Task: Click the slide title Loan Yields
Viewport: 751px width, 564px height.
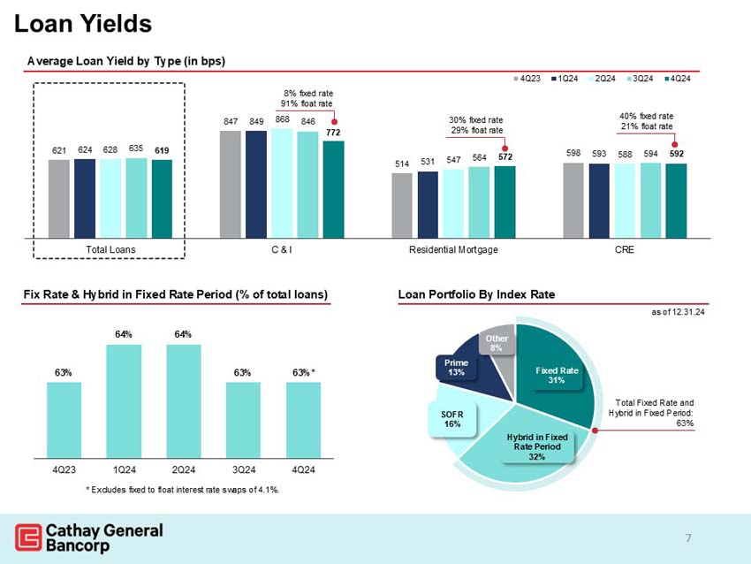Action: [x=84, y=24]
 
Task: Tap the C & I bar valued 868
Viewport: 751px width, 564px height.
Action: [x=281, y=183]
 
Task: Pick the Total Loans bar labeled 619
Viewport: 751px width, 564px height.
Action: [x=162, y=199]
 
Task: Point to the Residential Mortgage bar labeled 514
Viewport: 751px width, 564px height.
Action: [x=402, y=205]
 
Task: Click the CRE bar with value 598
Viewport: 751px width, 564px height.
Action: [x=573, y=200]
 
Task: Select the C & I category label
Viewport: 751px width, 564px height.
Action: [x=282, y=250]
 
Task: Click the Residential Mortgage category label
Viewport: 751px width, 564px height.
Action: [x=453, y=250]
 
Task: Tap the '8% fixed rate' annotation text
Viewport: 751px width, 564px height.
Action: [x=307, y=93]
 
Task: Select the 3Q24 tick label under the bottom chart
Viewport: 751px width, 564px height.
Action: [x=243, y=468]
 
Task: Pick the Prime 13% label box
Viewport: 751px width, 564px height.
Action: [x=457, y=367]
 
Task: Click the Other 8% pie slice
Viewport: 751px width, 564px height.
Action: [x=497, y=345]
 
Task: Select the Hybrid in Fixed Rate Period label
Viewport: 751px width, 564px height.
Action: [x=536, y=445]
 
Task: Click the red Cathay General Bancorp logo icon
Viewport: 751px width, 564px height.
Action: [x=27, y=537]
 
